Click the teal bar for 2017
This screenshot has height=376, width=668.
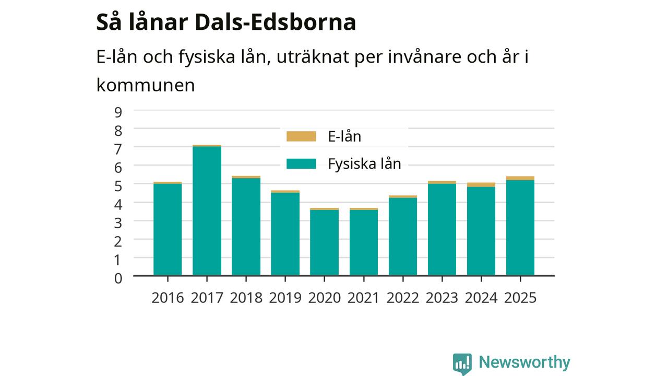click(207, 211)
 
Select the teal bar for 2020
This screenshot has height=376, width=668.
click(324, 243)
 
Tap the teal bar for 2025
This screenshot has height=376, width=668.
click(520, 228)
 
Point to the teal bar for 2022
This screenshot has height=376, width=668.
click(402, 237)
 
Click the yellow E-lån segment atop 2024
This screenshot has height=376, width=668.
click(481, 185)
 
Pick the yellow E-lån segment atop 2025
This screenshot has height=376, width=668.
click(520, 179)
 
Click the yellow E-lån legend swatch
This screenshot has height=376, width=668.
click(301, 136)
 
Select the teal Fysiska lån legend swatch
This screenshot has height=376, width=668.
click(301, 164)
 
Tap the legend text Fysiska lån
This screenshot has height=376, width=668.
click(364, 164)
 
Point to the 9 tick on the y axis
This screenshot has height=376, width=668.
click(118, 112)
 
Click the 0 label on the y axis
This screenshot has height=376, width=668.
click(118, 278)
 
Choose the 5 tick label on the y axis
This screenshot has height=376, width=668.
click(118, 186)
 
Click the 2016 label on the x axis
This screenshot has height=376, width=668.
click(168, 298)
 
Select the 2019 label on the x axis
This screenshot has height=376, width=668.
click(285, 298)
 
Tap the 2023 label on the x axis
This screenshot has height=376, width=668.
click(442, 298)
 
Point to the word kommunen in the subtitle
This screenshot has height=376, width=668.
click(146, 85)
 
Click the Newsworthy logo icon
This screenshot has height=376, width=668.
click(462, 364)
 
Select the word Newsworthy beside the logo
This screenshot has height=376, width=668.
click(524, 362)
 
